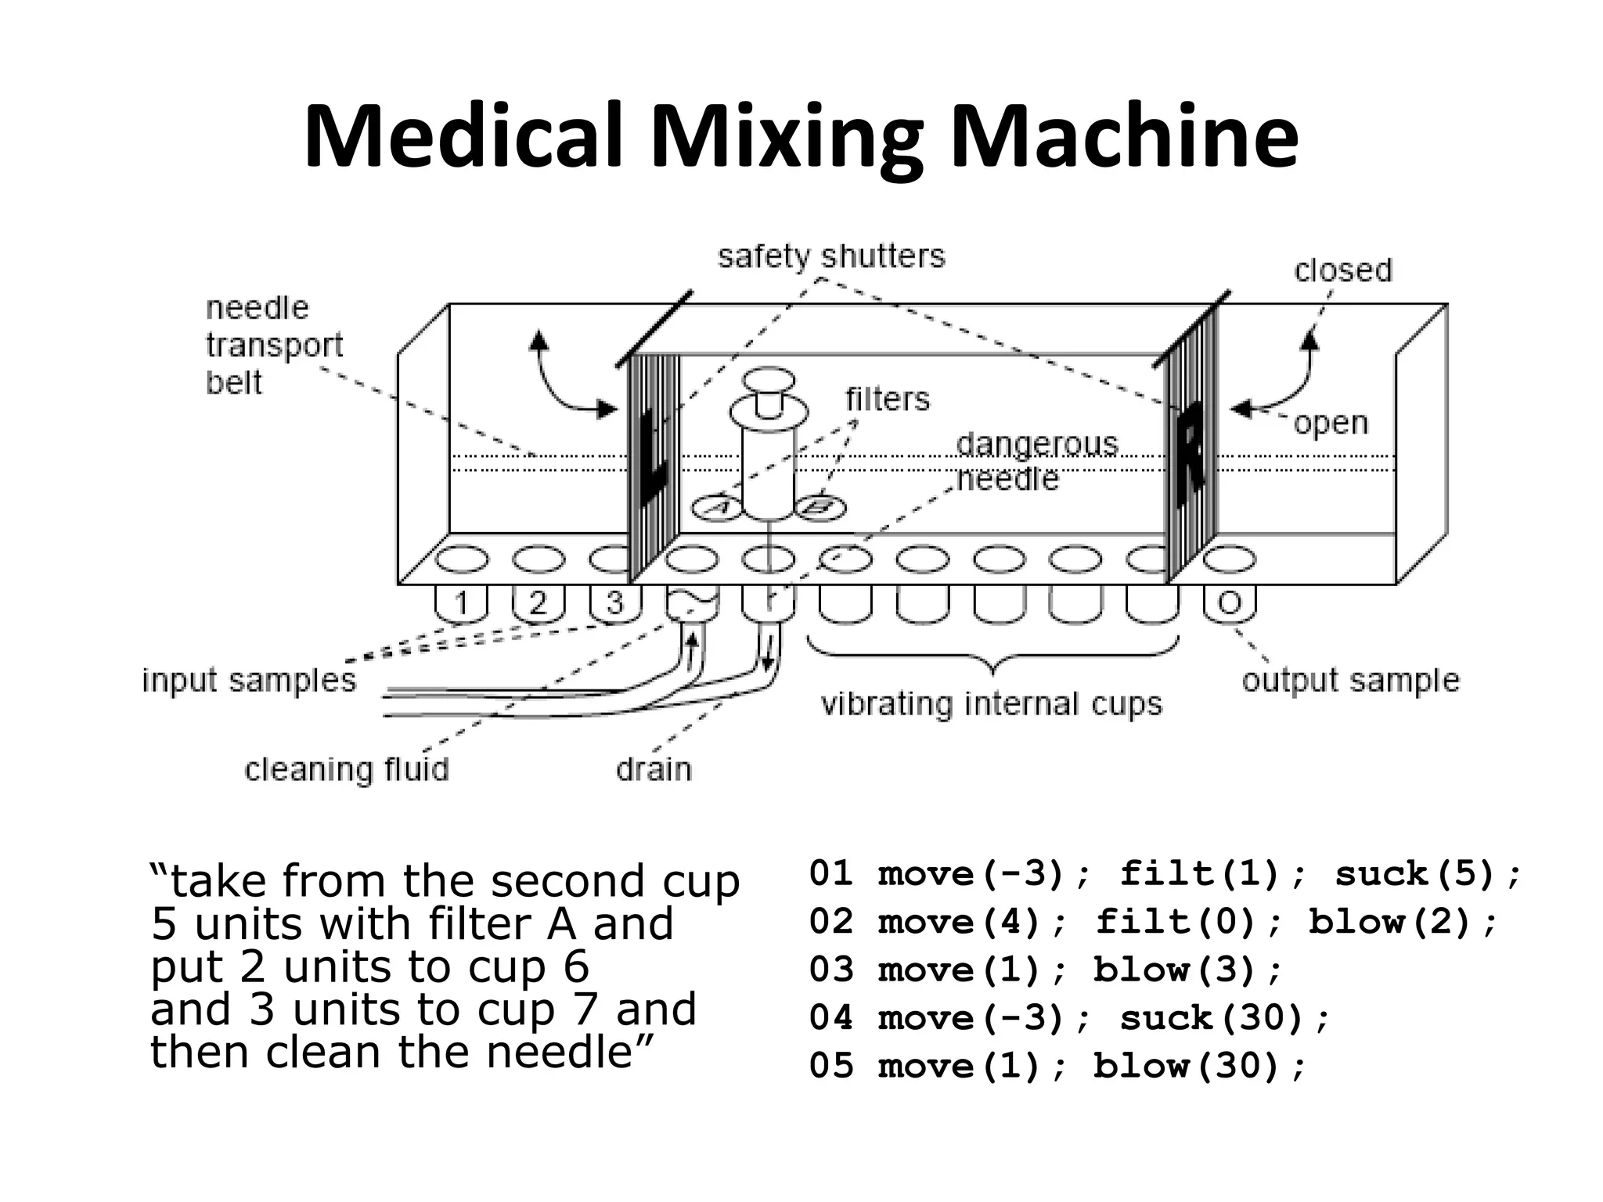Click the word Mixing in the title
(787, 137)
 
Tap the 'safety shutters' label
(830, 256)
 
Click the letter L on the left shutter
(653, 458)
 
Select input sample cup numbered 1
(461, 603)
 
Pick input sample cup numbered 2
(538, 603)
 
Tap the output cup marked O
(1230, 603)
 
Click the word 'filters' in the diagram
(888, 399)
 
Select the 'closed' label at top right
(1343, 270)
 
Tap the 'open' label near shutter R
(1331, 423)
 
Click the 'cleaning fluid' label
(347, 768)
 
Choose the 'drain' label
(654, 768)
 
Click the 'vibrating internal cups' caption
(991, 704)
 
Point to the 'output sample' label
(1350, 679)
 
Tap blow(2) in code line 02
(1402, 922)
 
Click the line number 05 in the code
(830, 1066)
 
